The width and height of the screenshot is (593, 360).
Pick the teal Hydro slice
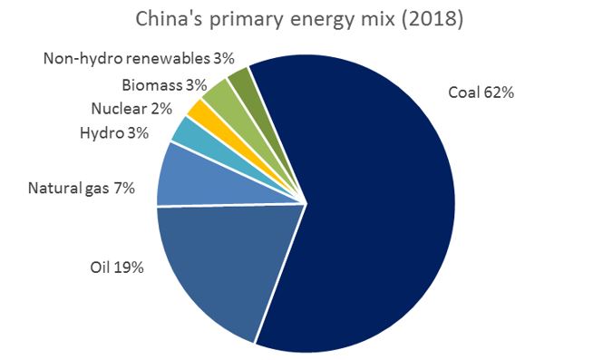pos(191,134)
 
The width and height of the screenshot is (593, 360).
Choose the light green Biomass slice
pos(218,93)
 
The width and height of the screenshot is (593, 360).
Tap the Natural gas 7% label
pos(82,189)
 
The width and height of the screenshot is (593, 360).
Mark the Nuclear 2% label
pos(131,110)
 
